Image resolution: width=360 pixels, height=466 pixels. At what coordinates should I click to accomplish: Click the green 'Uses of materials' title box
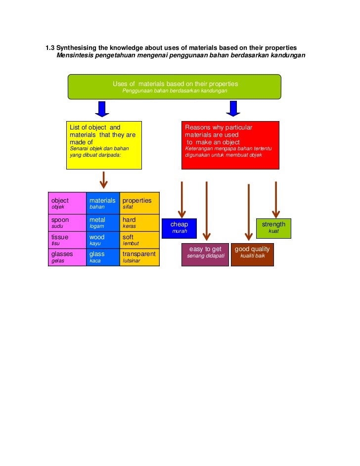(x=175, y=87)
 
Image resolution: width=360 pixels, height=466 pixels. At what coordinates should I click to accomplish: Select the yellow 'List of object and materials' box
(x=104, y=145)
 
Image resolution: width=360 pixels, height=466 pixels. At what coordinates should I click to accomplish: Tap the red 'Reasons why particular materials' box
(x=230, y=145)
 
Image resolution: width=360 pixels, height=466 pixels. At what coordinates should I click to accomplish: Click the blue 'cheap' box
(x=179, y=228)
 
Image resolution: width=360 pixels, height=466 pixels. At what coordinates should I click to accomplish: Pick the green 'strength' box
(x=273, y=228)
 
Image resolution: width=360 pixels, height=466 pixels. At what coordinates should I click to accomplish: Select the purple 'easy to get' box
(x=205, y=254)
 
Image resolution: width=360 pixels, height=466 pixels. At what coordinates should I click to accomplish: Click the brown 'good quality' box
(x=252, y=254)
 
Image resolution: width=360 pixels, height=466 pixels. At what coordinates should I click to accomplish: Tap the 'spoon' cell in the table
(x=67, y=223)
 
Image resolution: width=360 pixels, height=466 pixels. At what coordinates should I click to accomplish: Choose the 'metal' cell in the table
(x=103, y=223)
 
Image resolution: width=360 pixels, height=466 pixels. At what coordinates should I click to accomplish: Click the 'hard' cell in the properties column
(x=139, y=223)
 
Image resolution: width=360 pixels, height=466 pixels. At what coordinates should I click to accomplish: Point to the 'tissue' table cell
(x=67, y=240)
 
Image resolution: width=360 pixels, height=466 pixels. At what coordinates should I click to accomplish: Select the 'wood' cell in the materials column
(x=103, y=240)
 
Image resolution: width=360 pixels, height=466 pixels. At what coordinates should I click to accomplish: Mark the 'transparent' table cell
(x=139, y=257)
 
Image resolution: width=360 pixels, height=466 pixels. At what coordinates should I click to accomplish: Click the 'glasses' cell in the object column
(x=67, y=257)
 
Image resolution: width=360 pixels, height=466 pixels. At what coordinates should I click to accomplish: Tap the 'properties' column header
(x=139, y=203)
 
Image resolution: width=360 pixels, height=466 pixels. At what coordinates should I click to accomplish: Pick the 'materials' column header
(x=103, y=203)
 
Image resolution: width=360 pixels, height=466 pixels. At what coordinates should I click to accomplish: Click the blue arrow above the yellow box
(x=102, y=109)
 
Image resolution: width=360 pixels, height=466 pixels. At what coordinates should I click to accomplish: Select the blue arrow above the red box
(x=233, y=109)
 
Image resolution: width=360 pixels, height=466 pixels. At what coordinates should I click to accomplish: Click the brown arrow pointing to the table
(x=103, y=180)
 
